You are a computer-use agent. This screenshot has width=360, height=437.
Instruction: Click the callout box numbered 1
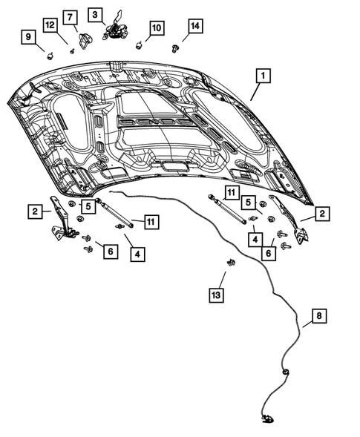tap(264, 76)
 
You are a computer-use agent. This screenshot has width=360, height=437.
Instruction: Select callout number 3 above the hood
tap(95, 14)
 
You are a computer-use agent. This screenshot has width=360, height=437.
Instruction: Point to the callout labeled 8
tap(318, 318)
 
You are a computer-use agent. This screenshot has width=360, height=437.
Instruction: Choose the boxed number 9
tap(28, 36)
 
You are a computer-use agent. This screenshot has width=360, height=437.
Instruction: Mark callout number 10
tap(156, 27)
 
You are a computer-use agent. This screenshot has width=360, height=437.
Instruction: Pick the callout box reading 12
tap(50, 26)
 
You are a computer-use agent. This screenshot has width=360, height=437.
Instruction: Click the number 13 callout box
tap(216, 296)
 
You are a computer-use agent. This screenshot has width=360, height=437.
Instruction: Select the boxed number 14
tap(194, 26)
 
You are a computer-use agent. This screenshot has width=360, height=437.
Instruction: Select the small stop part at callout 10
tap(140, 43)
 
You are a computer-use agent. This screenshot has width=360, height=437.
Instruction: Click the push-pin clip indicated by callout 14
tap(175, 49)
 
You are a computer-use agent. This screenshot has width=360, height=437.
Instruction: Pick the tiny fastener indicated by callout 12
tap(71, 51)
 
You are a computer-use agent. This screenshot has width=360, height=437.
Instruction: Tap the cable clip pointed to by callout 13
tap(232, 263)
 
